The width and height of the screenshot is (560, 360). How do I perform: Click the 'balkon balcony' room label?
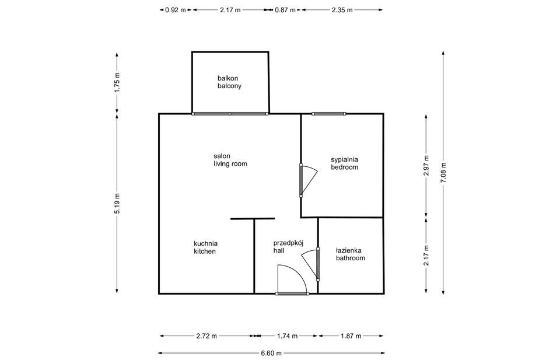[229, 82]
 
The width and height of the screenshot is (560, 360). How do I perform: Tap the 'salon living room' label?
[230, 160]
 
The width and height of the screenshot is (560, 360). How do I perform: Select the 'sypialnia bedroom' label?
[344, 163]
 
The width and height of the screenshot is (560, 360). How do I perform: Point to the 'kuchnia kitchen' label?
[205, 247]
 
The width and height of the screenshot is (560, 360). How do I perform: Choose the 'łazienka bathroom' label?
[351, 254]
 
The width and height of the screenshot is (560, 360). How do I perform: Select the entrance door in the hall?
[292, 281]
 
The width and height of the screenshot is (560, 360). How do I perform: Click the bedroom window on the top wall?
[329, 114]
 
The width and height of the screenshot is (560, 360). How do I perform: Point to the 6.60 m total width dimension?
[271, 353]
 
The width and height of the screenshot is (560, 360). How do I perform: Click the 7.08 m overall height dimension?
[443, 173]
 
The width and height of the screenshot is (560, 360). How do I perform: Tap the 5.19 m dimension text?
[117, 204]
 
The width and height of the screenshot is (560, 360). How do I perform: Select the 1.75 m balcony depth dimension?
[117, 82]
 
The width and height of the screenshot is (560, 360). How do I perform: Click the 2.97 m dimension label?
[426, 166]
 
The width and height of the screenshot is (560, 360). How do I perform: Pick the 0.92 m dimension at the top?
[176, 10]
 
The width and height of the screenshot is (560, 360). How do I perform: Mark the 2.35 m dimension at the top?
[342, 10]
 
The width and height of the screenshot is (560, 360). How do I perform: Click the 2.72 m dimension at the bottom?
[206, 335]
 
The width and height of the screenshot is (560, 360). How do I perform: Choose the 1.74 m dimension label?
[287, 335]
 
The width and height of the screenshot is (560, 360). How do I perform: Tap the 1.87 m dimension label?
[351, 335]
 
